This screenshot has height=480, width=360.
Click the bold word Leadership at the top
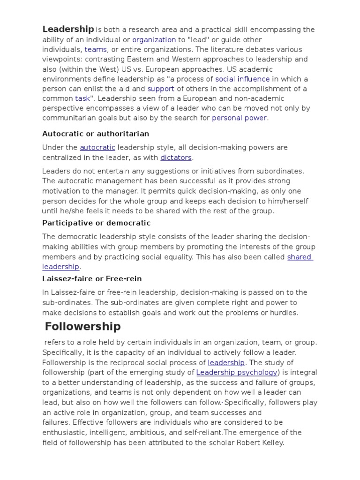point(68,29)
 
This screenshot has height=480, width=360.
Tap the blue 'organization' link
point(154,40)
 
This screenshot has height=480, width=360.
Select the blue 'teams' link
point(96,50)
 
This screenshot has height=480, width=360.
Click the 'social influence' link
point(242,79)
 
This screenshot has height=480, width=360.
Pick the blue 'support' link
point(161,89)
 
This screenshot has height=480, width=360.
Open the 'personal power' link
point(239,118)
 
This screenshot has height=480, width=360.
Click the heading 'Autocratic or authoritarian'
point(96,134)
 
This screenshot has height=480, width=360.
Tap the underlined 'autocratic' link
point(97,147)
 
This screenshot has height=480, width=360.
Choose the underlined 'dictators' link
point(176,157)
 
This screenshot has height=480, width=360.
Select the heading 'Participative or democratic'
point(96,223)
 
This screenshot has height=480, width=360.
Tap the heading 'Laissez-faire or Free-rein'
point(92,279)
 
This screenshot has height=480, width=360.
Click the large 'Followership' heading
point(83,327)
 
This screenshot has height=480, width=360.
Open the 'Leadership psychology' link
point(231,373)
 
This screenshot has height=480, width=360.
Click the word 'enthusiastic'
point(65,433)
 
